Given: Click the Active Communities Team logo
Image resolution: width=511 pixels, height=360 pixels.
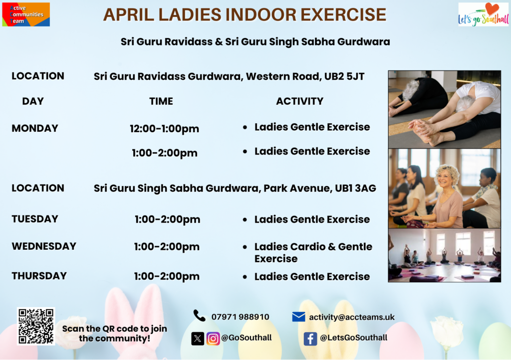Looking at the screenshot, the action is [x=26, y=14].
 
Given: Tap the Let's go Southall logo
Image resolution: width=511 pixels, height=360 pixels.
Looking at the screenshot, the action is [x=483, y=14].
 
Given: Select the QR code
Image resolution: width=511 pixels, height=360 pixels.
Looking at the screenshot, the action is [x=36, y=326].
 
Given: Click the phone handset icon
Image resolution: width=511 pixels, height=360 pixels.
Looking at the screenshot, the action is [x=200, y=316].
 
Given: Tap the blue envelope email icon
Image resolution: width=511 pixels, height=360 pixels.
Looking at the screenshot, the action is [x=298, y=317].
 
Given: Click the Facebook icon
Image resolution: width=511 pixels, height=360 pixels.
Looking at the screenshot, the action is [x=310, y=339].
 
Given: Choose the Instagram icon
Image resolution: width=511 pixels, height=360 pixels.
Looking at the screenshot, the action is [x=213, y=339].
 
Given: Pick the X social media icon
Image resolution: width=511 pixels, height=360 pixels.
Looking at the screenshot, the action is [x=198, y=339].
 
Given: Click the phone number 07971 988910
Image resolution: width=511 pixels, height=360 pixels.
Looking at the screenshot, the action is [x=240, y=317].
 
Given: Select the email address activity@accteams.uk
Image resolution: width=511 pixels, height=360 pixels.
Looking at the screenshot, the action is [x=352, y=317].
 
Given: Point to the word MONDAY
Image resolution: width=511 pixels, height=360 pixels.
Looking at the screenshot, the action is [x=35, y=128].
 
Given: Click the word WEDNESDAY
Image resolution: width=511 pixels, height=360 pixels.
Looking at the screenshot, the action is [x=44, y=246].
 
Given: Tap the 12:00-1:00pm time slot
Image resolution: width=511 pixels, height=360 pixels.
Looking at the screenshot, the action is [x=164, y=129].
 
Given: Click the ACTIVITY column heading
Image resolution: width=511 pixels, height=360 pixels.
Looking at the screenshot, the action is [x=300, y=101].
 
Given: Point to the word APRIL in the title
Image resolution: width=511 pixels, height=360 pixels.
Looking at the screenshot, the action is [x=128, y=14].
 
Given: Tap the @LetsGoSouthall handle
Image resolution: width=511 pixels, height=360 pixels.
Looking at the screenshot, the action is [x=354, y=338].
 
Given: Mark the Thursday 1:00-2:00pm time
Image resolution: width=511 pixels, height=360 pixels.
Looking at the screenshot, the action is [x=167, y=276].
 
